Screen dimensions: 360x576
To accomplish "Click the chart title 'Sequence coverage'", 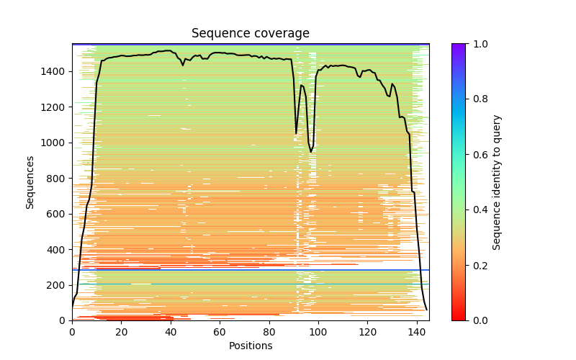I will point(251,34).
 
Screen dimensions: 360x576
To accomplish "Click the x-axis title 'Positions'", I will point(251,346).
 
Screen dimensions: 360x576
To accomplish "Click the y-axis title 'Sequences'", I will point(30,182).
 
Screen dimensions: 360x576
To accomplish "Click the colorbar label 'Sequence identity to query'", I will point(497,182).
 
